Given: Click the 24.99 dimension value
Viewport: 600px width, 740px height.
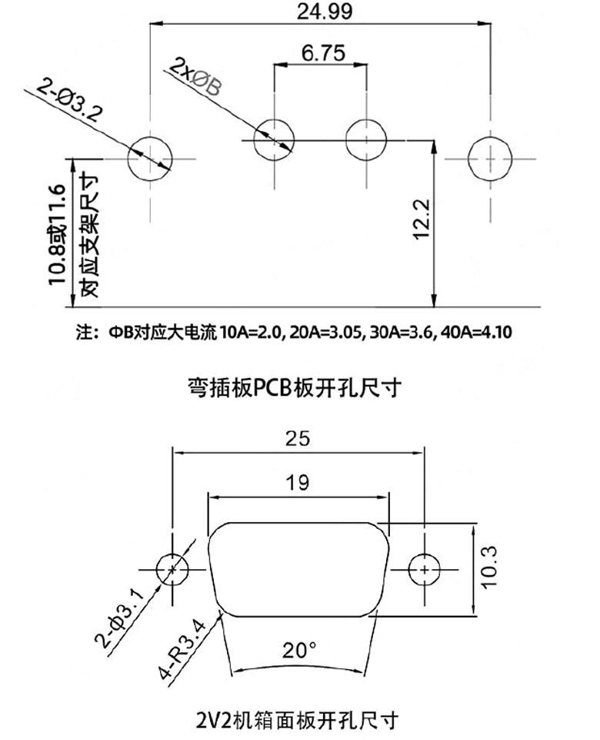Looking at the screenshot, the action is [x=325, y=12].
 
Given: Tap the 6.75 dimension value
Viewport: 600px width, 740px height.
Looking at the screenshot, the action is [x=323, y=53].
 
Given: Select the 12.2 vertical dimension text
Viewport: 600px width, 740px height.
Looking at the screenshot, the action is [x=421, y=219].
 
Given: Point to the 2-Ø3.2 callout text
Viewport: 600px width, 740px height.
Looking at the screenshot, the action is [x=69, y=100].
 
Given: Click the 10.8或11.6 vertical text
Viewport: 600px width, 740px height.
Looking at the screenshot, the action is [x=57, y=235].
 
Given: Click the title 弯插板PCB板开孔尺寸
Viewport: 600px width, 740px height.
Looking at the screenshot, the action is [x=295, y=387].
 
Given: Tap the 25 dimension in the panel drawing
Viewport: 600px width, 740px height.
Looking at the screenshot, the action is [x=298, y=439].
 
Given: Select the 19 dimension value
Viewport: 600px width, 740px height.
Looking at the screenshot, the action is [x=298, y=483].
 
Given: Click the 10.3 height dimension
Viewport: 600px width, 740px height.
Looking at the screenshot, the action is [x=489, y=567].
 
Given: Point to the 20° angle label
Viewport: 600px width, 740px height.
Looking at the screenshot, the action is [x=299, y=651].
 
